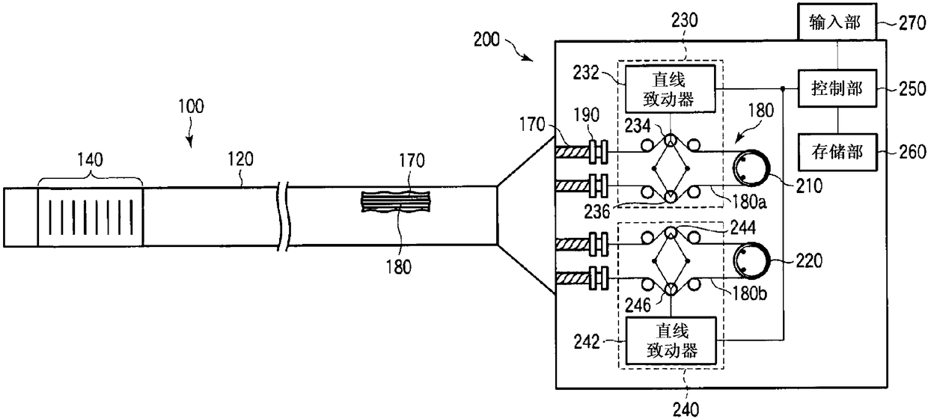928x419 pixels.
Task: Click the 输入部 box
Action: pyautogui.click(x=837, y=22)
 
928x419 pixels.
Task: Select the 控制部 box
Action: pyautogui.click(x=837, y=88)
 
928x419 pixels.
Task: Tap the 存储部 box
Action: pyautogui.click(x=837, y=152)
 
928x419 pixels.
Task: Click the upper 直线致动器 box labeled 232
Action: pyautogui.click(x=670, y=89)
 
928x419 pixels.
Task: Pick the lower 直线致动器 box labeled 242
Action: pyautogui.click(x=671, y=340)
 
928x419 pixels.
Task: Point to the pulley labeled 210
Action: pyautogui.click(x=751, y=168)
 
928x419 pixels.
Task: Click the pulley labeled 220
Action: pyautogui.click(x=751, y=260)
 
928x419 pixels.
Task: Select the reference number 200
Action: pyautogui.click(x=486, y=40)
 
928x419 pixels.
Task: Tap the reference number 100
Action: pyautogui.click(x=191, y=106)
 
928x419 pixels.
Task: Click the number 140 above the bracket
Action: pyautogui.click(x=90, y=159)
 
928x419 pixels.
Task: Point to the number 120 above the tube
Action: pyautogui.click(x=240, y=159)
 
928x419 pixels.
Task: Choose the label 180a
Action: pyautogui.click(x=749, y=201)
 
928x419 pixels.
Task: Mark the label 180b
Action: pyautogui.click(x=749, y=293)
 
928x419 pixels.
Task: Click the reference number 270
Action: pyautogui.click(x=912, y=22)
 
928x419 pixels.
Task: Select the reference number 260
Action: pyautogui.click(x=912, y=152)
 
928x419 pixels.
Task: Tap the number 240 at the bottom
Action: pyautogui.click(x=686, y=409)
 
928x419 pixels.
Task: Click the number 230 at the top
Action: pyautogui.click(x=684, y=20)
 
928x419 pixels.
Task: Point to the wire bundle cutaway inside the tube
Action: pyautogui.click(x=396, y=201)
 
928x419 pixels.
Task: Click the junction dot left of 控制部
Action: pyautogui.click(x=783, y=88)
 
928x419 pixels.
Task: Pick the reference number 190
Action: pyautogui.click(x=586, y=114)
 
